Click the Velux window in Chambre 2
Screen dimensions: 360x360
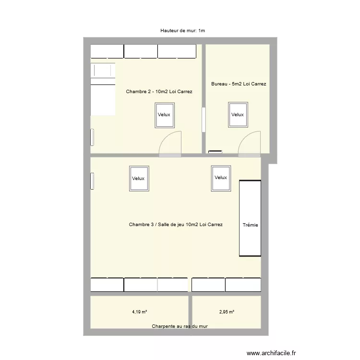tap(164, 115)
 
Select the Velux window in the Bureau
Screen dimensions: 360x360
tap(238, 115)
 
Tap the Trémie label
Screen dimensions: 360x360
tap(250, 225)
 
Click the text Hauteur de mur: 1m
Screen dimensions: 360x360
tap(183, 31)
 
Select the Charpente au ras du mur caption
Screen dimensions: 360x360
tap(180, 326)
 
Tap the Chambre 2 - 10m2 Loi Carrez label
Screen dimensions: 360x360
tap(159, 91)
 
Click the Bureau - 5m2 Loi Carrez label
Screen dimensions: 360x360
tap(239, 84)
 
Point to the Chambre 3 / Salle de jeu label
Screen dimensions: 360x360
tap(176, 224)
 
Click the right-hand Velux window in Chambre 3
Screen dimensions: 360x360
tap(221, 178)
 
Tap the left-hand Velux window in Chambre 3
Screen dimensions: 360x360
tap(139, 179)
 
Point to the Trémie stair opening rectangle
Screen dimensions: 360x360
tap(250, 218)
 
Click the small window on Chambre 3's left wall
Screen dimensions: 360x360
tap(92, 181)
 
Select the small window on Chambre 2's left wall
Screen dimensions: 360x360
tap(92, 137)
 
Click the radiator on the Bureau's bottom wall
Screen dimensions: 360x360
tap(215, 152)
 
